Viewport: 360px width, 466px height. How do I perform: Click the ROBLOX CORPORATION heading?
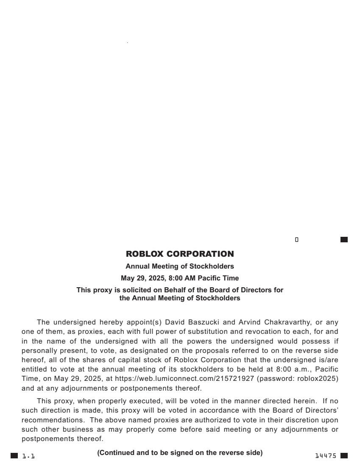coord(180,254)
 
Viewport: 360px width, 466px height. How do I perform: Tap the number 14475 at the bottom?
coord(326,456)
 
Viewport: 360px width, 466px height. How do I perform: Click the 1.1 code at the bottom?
coord(28,456)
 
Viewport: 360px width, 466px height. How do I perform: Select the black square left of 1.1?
coord(14,456)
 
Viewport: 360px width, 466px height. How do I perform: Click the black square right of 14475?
coord(344,456)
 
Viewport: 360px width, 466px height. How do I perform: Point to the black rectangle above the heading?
coord(344,240)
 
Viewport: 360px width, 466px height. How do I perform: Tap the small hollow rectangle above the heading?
coord(297,240)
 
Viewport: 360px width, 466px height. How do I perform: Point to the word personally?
coord(39,351)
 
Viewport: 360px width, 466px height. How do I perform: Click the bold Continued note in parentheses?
coord(180,453)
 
